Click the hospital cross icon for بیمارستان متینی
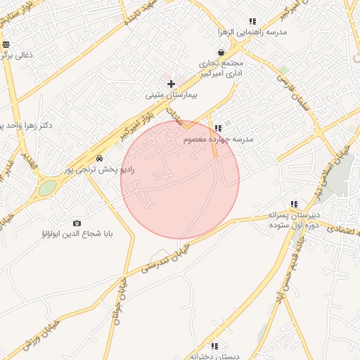coord(171,84)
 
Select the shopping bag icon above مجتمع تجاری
coord(221,52)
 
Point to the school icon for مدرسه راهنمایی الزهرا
coord(253,22)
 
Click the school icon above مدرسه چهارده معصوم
coord(219,128)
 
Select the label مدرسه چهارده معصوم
coord(219,139)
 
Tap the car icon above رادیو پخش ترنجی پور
coord(101,158)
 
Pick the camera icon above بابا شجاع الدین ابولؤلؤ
coord(77,223)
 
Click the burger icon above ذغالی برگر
coord(6,44)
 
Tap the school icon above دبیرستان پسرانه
coord(294,204)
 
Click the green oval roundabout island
coord(47,188)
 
